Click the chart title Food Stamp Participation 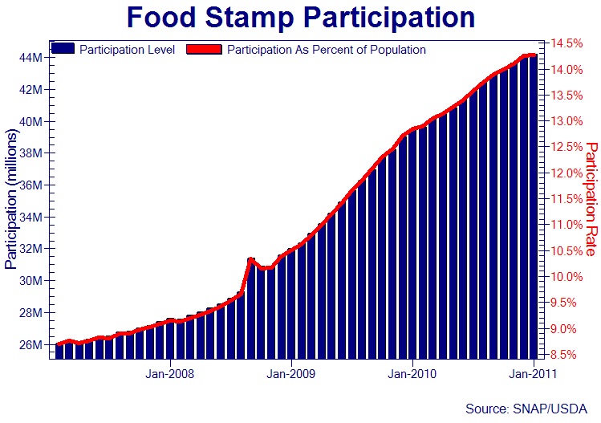coord(300,18)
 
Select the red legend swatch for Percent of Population coord(204,49)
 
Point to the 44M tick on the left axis coord(33,58)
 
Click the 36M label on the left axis coord(33,185)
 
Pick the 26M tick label coord(33,345)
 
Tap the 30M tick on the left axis coord(33,281)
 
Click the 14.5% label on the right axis coord(568,43)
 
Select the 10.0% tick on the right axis coord(568,277)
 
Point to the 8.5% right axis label coord(568,355)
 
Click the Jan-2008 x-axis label coord(169,373)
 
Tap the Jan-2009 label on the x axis coord(290,373)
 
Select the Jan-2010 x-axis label coord(412,373)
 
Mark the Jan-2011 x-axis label coord(533,373)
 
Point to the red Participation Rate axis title coord(592,199)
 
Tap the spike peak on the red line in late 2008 coord(250,259)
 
